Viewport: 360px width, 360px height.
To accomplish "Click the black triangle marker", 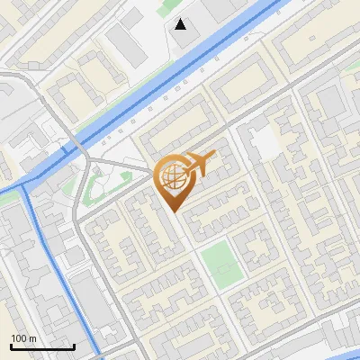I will tap(181, 24).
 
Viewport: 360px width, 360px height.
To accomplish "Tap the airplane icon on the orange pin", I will tap(200, 165).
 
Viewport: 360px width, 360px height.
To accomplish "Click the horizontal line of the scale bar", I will tap(42, 346).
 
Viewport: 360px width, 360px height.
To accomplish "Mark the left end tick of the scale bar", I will tap(11, 345).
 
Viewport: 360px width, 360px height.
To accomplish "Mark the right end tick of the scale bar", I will tap(74, 345).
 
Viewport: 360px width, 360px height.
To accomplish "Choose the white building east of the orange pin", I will tap(264, 143).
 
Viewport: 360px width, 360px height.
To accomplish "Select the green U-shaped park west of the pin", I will tap(94, 184).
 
